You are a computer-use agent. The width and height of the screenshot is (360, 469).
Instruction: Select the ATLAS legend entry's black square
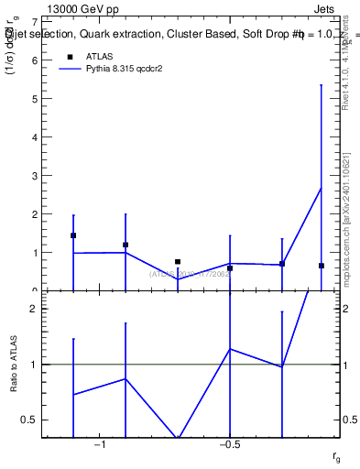pos(69,58)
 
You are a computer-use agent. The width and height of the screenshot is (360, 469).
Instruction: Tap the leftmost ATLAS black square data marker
pos(73,235)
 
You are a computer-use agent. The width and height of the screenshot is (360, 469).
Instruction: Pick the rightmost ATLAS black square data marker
pos(322,266)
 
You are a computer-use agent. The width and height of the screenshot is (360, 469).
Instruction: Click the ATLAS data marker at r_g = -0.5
pos(230,268)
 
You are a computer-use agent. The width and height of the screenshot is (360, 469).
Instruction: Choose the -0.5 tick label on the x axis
pos(229,445)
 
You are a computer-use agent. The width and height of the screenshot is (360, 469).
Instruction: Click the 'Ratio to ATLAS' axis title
pos(12,365)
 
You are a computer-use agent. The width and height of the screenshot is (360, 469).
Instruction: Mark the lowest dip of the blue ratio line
pos(178,438)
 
